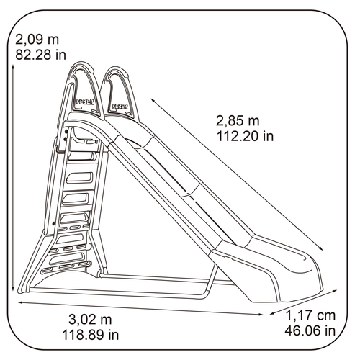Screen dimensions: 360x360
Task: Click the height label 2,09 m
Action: click(x=37, y=40)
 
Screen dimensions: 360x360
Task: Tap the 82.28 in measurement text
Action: click(x=40, y=55)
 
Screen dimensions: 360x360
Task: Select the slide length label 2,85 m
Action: click(x=238, y=121)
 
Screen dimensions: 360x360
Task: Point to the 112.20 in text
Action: click(x=245, y=136)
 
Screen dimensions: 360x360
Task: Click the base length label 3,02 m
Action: click(x=90, y=320)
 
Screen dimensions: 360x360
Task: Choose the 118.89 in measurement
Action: click(x=91, y=335)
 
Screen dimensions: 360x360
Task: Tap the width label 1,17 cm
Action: click(x=310, y=315)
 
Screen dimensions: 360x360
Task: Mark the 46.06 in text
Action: click(x=310, y=330)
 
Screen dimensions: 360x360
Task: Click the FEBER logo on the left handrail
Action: click(x=85, y=102)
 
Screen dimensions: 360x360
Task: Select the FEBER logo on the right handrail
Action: click(x=120, y=106)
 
